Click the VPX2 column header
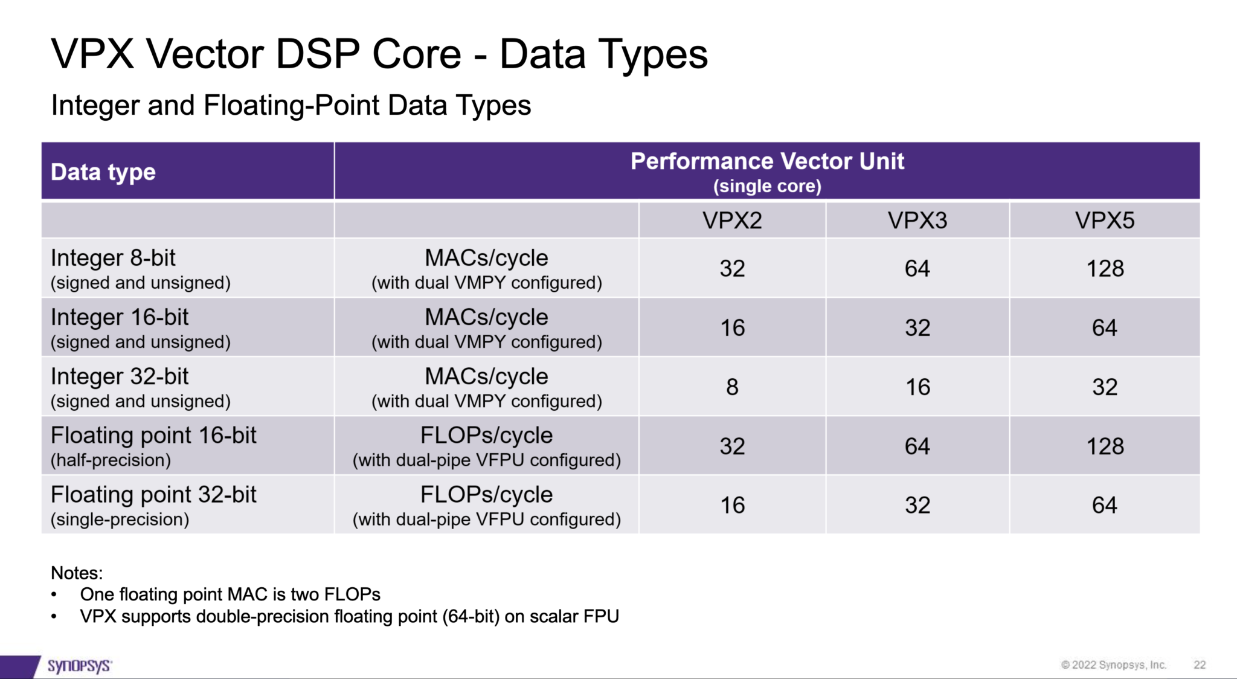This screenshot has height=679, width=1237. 732,220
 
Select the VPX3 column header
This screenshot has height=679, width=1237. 917,220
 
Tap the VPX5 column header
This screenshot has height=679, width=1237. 1104,220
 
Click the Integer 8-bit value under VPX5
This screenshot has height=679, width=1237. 1105,268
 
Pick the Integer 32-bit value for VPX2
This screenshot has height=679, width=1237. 732,387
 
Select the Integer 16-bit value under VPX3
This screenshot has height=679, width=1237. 917,327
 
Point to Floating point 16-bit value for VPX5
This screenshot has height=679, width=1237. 1105,446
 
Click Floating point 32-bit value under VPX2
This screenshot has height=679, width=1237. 732,505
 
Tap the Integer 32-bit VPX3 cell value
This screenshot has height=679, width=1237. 917,387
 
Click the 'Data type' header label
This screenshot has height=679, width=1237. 103,172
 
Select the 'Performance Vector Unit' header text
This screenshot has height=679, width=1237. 767,161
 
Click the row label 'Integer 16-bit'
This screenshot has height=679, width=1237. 120,317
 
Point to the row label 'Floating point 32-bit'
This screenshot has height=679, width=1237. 153,495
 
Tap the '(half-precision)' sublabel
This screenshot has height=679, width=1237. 111,460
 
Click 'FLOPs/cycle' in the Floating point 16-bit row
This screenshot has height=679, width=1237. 486,436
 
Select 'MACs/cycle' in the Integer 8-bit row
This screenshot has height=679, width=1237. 486,258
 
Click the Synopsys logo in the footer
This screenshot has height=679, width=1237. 79,666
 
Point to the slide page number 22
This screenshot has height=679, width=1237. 1200,665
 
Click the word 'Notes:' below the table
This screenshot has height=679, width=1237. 77,573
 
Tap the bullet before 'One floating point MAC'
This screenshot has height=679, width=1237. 54,595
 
